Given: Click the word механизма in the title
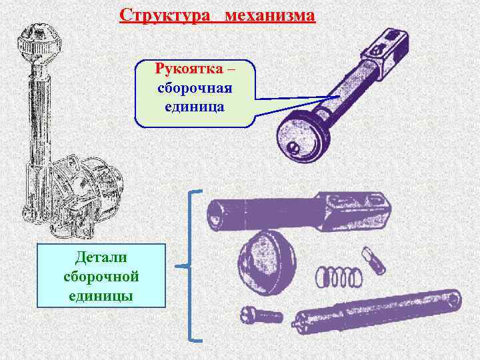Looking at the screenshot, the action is [270, 15].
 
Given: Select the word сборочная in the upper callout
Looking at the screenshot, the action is [195, 88].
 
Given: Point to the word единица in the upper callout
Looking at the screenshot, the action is [195, 106].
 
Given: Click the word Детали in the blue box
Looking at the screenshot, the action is [101, 257].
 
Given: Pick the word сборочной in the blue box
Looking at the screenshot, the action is [101, 275].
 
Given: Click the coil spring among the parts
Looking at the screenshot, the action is [338, 275].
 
